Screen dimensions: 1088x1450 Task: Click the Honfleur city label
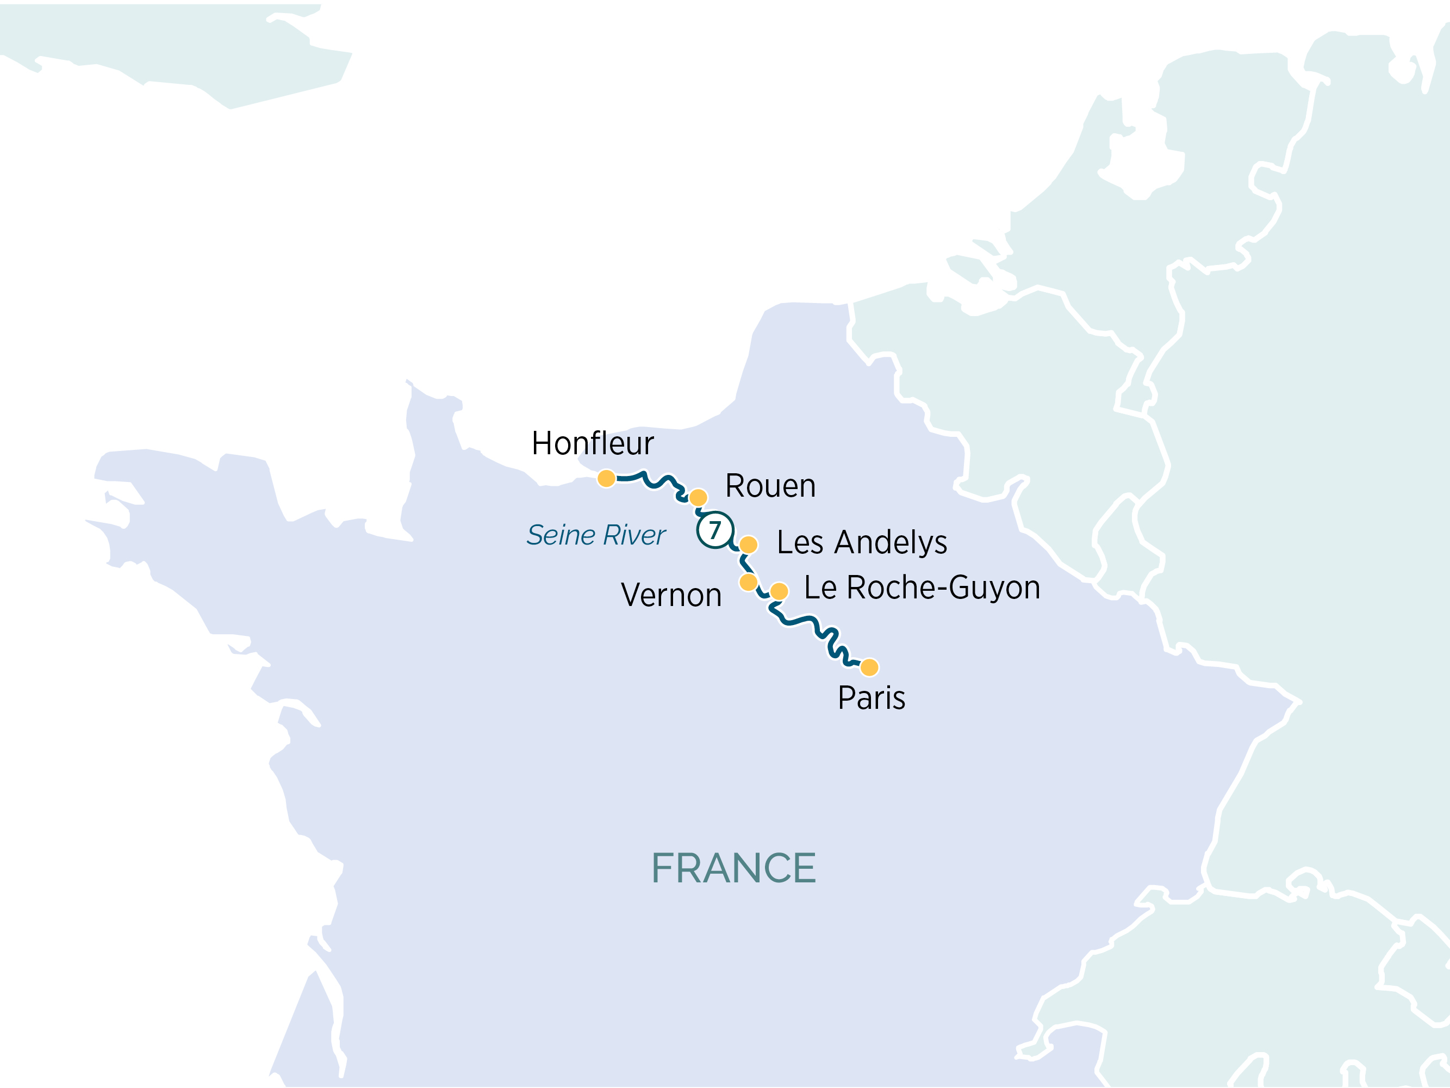click(x=593, y=444)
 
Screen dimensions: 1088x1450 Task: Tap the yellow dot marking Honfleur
click(x=606, y=478)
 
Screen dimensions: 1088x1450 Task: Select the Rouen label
click(x=770, y=487)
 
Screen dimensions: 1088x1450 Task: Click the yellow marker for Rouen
click(x=698, y=498)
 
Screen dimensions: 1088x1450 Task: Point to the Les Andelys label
click(x=861, y=543)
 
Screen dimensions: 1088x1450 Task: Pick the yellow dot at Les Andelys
click(x=749, y=545)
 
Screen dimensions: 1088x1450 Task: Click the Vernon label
click(x=671, y=596)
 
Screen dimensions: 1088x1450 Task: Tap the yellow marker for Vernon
click(x=748, y=582)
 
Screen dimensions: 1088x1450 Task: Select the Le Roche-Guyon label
click(x=922, y=588)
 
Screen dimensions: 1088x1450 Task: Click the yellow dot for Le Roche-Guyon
click(x=779, y=591)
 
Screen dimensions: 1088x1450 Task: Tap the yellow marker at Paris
click(x=869, y=667)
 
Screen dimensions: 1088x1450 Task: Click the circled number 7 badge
click(x=715, y=530)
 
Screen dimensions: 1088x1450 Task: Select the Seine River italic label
click(x=596, y=535)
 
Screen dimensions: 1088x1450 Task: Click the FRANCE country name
click(x=733, y=868)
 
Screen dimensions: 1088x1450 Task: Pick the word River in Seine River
click(x=634, y=535)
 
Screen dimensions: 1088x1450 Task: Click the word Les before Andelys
click(x=800, y=543)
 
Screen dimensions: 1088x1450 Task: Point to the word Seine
click(x=561, y=535)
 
